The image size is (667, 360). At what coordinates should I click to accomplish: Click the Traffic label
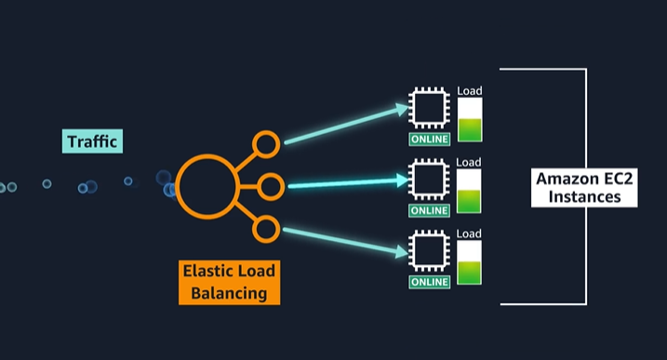92,141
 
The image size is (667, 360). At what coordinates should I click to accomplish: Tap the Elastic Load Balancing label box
229,282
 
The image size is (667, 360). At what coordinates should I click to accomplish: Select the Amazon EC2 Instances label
584,188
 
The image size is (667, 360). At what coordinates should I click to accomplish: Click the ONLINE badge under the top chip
430,140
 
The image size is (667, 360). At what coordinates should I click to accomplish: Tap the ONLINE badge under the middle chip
430,210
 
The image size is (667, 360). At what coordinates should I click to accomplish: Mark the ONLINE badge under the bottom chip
430,282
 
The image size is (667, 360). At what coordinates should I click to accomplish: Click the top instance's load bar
470,120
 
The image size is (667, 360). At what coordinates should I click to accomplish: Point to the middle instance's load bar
469,191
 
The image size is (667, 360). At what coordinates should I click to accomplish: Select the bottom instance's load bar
469,262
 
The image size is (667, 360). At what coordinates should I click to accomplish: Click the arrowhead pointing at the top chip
402,110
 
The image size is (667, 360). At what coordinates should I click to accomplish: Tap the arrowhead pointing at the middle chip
402,180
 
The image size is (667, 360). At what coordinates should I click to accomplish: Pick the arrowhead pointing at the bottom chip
402,252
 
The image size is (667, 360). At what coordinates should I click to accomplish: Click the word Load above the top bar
470,90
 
